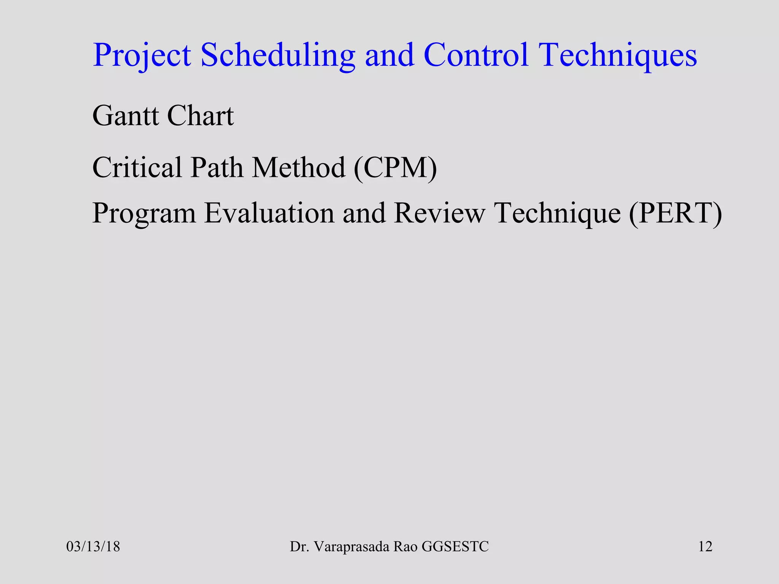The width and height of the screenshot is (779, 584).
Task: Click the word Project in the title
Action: (x=141, y=56)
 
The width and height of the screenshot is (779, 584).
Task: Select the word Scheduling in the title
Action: (x=278, y=56)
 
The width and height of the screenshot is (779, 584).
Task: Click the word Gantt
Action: (x=125, y=116)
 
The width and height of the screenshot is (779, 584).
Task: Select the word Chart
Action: (x=200, y=116)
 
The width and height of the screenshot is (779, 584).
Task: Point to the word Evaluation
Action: (x=269, y=213)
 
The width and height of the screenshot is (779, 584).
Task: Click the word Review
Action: (x=439, y=213)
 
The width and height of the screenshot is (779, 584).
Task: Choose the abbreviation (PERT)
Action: (x=676, y=213)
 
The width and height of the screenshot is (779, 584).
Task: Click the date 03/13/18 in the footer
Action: (x=93, y=547)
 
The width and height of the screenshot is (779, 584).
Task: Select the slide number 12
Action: (x=705, y=547)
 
